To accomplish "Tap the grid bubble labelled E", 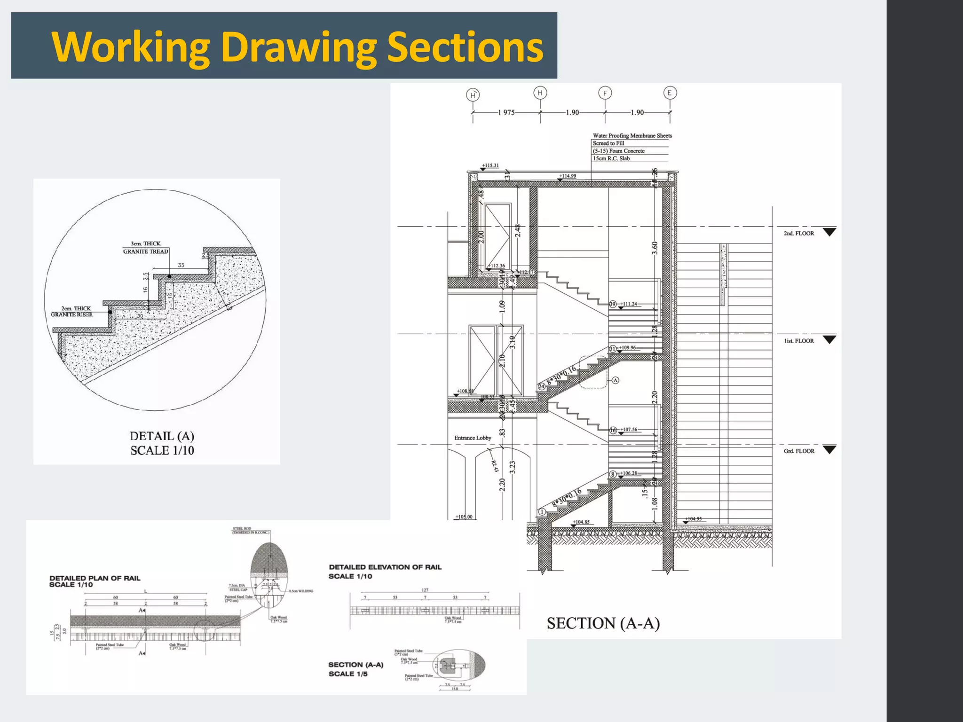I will (x=670, y=93).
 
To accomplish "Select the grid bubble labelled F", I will (x=605, y=93).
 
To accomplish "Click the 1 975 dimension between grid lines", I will (x=506, y=113).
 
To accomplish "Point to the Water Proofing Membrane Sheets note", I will (x=632, y=136).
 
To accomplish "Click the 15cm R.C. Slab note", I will (x=611, y=158).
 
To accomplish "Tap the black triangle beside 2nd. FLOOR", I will (x=829, y=232).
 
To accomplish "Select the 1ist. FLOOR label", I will (x=798, y=341).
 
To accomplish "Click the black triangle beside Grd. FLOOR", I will (x=829, y=449).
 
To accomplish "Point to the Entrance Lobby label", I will (x=473, y=438).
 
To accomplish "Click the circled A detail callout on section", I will (x=615, y=380).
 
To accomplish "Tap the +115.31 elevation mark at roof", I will (x=490, y=165).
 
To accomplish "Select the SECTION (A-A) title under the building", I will (x=603, y=623).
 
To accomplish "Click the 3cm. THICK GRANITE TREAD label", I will (x=146, y=248).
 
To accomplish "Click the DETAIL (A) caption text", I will (x=162, y=436).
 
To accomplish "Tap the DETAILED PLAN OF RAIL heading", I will (x=95, y=578).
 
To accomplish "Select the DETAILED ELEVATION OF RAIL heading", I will (x=385, y=567).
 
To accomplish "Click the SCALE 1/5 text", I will (x=348, y=674).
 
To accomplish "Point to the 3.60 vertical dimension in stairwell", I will (x=655, y=248).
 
